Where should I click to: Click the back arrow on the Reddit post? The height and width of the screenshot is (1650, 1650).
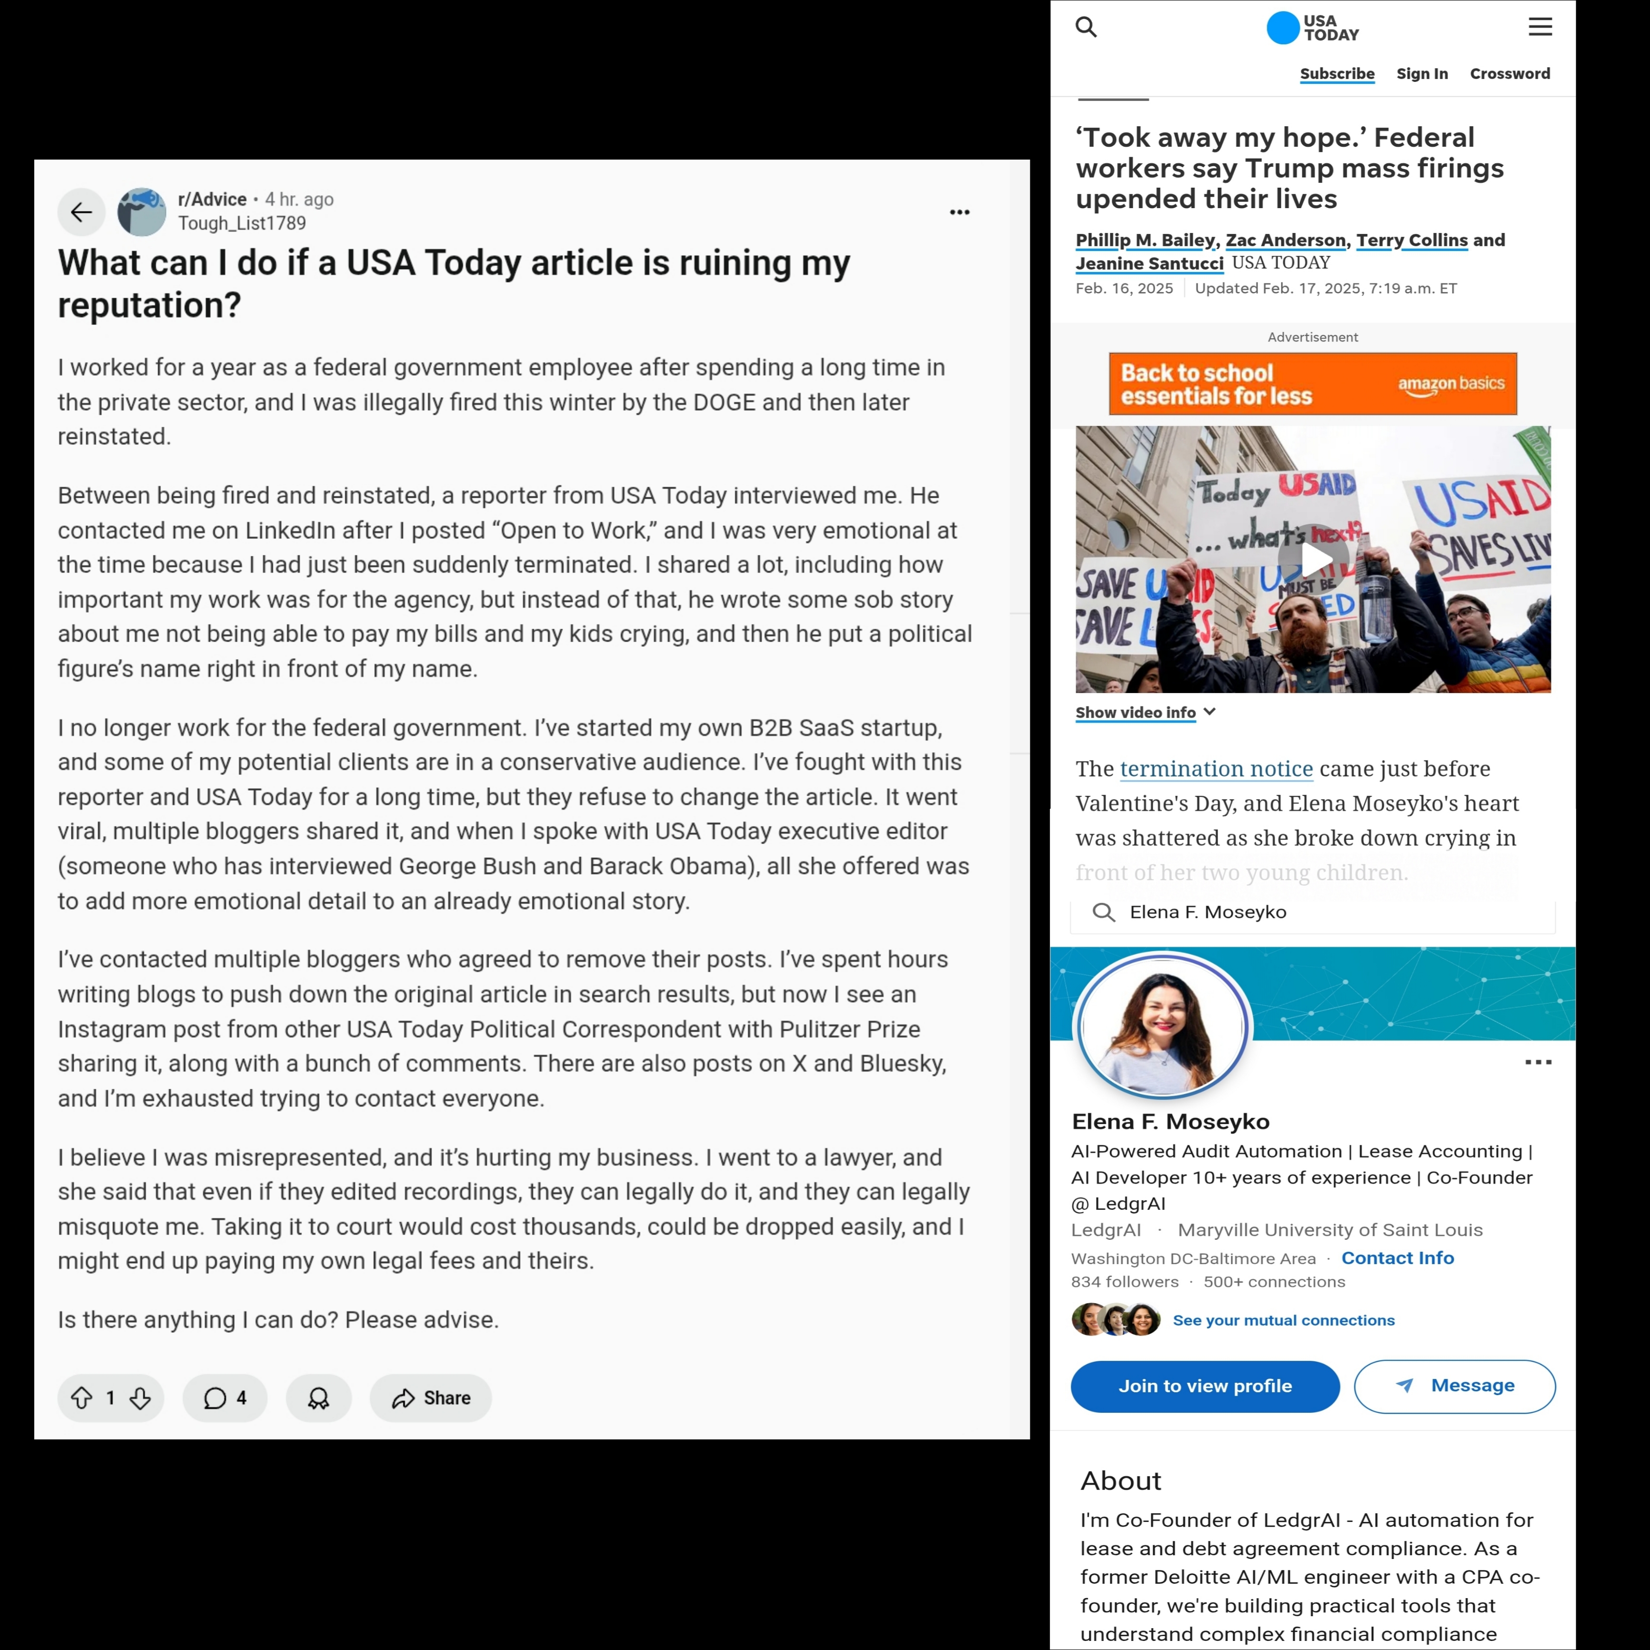(x=81, y=212)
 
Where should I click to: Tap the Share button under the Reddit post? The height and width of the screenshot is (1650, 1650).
(x=431, y=1398)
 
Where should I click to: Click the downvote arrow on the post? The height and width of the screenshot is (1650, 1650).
(x=140, y=1398)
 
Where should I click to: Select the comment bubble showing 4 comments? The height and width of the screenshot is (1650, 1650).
(x=225, y=1398)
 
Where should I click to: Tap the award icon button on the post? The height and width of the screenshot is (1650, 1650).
(x=319, y=1398)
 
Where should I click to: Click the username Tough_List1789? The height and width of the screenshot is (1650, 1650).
(x=241, y=224)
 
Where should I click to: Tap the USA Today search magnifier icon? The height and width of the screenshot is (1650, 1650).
(x=1086, y=27)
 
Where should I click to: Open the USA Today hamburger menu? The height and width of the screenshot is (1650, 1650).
(x=1540, y=27)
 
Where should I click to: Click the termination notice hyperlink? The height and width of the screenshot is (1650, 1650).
(x=1216, y=769)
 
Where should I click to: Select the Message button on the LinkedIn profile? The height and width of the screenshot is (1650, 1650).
(x=1454, y=1386)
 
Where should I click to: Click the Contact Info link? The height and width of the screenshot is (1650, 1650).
(x=1397, y=1258)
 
